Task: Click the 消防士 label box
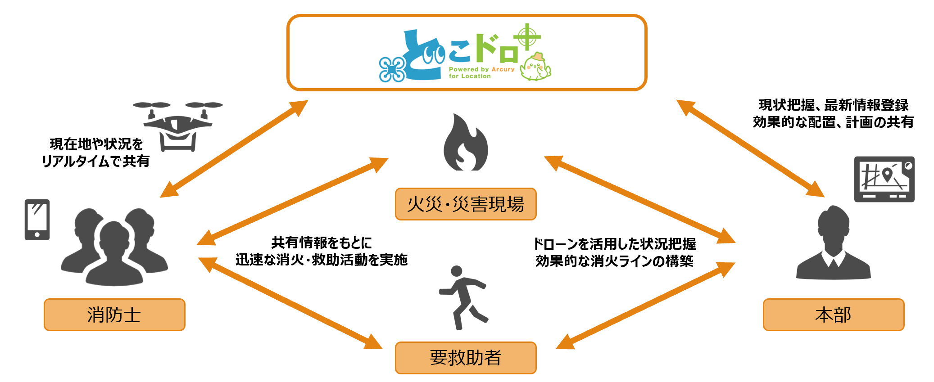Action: (114, 315)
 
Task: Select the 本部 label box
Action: (833, 315)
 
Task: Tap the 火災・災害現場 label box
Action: (466, 204)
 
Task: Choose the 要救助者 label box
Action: (466, 358)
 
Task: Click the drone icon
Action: (178, 126)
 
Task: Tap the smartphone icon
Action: (37, 220)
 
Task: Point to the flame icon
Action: (466, 143)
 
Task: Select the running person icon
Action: (463, 297)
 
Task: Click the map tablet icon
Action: (884, 179)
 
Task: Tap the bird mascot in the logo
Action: (535, 67)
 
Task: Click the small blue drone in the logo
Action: (391, 70)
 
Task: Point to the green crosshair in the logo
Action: (527, 37)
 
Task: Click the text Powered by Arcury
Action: (481, 69)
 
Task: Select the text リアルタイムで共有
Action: (95, 161)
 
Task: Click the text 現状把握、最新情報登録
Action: (833, 105)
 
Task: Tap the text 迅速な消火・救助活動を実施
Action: (321, 260)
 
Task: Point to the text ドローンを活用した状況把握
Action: (614, 244)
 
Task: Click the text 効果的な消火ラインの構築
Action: (614, 261)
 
